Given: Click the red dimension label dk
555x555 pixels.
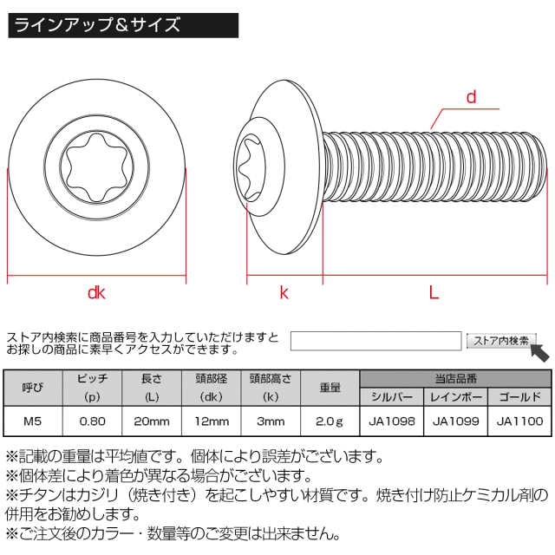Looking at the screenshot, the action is (x=96, y=293).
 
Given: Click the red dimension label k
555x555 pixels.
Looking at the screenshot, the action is (x=284, y=293).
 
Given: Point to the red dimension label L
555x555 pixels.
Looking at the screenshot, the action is (x=434, y=293).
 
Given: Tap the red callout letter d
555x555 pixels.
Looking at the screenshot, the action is (x=471, y=97).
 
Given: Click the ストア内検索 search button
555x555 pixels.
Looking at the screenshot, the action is (x=501, y=341).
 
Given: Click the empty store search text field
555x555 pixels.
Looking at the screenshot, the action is (x=375, y=341).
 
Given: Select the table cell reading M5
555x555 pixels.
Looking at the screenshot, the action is (x=33, y=421).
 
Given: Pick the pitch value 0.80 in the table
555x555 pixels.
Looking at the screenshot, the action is (x=93, y=421).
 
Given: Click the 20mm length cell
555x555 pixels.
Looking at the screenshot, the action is (x=152, y=421).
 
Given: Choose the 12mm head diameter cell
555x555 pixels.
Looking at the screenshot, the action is (x=212, y=421).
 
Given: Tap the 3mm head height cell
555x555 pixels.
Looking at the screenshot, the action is (x=271, y=421).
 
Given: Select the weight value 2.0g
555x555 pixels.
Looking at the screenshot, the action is (x=330, y=421).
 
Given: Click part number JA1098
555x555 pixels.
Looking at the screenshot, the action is (x=392, y=421).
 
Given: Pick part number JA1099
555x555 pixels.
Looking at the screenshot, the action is (x=456, y=421).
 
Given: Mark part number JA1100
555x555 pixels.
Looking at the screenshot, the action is (x=520, y=421).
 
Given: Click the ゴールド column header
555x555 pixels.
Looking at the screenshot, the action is (x=520, y=397).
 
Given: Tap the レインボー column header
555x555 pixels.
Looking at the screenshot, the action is (x=456, y=397).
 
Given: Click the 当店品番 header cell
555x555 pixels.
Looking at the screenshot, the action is (x=456, y=379).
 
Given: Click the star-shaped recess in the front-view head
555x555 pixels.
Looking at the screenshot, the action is (x=96, y=167).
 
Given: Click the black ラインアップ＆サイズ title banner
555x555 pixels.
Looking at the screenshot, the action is (x=123, y=25).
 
